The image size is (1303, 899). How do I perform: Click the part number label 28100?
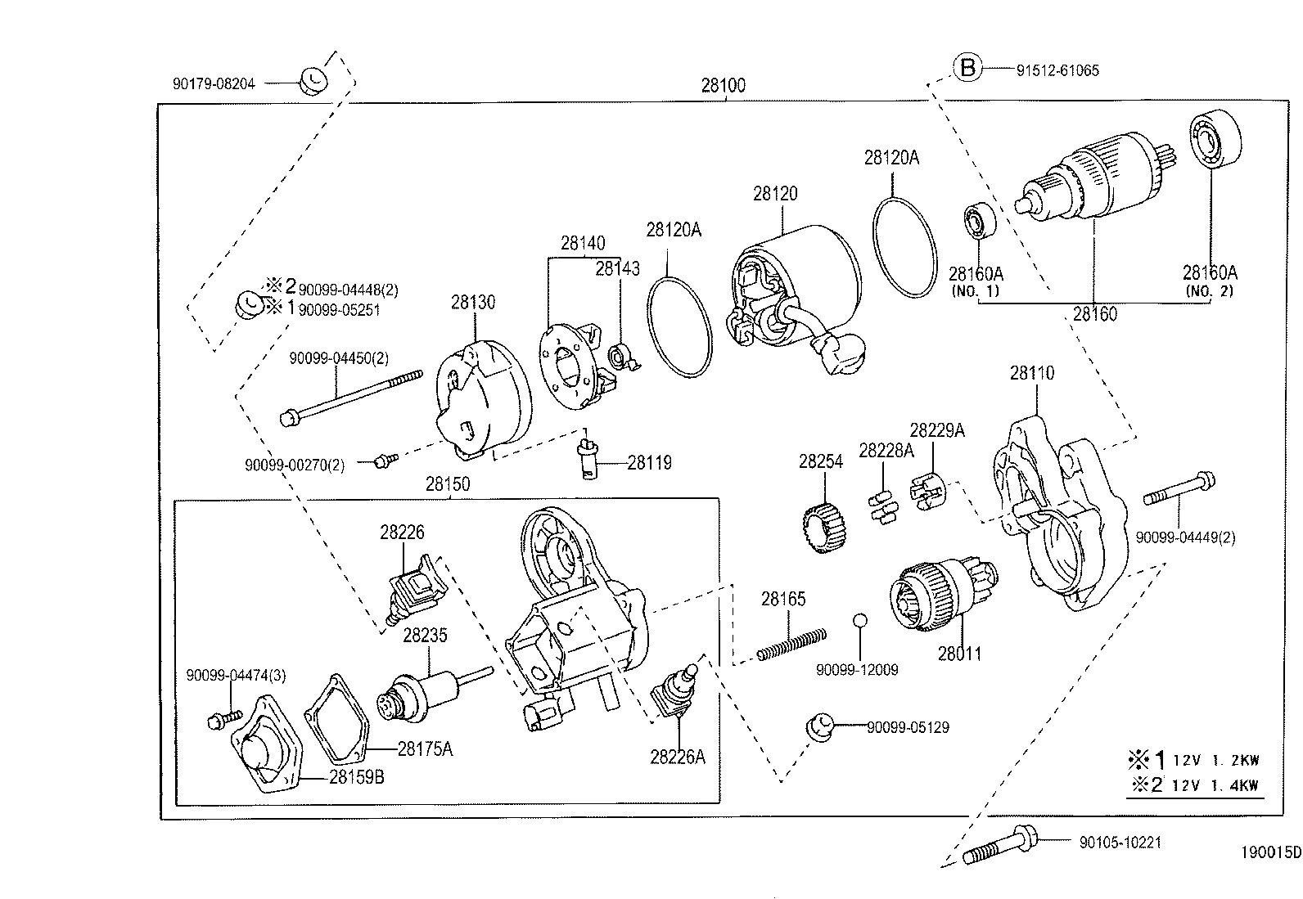[x=723, y=85]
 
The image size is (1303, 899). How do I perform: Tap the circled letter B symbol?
[x=967, y=68]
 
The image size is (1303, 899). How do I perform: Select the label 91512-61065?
[x=1057, y=70]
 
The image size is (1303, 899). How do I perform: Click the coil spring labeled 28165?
[x=791, y=643]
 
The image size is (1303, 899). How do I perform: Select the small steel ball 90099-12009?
[x=858, y=620]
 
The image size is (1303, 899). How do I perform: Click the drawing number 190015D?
[x=1269, y=852]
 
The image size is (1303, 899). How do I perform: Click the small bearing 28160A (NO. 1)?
[x=977, y=220]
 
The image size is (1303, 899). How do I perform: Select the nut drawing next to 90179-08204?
[x=312, y=79]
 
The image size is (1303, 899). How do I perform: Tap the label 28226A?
[x=677, y=757]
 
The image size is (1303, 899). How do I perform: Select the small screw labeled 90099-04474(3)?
[x=219, y=721]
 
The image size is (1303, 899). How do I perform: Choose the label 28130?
[x=472, y=303]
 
